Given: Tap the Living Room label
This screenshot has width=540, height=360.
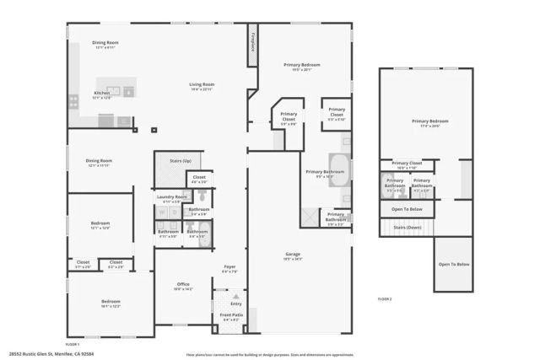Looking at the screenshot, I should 201,84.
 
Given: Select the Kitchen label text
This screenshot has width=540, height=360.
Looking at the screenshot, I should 102,93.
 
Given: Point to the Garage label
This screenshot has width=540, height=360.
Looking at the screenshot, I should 293,254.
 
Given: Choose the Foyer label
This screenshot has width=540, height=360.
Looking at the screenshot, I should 229,267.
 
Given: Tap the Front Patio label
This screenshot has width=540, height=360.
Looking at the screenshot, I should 231,315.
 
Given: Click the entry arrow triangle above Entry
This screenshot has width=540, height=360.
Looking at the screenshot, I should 236,297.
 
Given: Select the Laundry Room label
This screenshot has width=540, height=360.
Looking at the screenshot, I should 172,196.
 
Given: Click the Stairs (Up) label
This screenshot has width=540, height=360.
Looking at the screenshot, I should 181,159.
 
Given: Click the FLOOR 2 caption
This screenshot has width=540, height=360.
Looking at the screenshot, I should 385,298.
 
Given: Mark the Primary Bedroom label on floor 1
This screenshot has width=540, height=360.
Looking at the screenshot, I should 302,65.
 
